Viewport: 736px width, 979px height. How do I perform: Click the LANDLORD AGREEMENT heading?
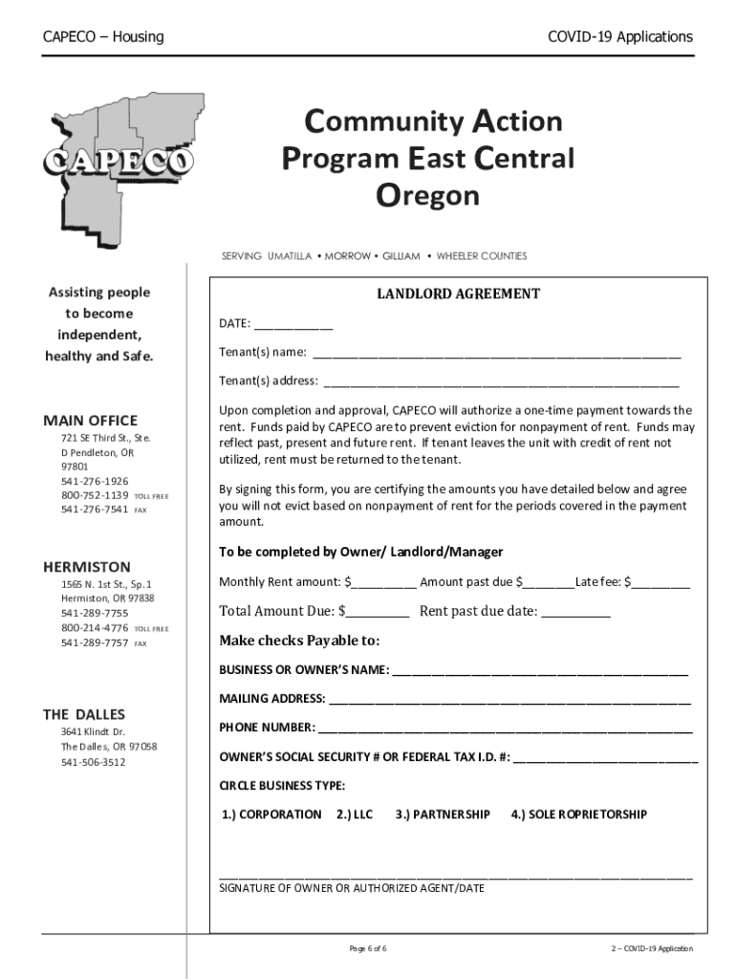pos(458,294)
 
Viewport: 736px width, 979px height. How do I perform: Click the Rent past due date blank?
pos(575,612)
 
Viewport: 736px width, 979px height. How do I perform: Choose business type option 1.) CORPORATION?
pos(271,815)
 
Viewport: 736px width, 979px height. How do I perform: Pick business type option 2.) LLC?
pos(355,815)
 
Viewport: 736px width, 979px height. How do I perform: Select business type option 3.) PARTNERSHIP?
pos(443,815)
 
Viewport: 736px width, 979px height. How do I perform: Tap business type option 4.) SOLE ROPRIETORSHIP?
pos(578,815)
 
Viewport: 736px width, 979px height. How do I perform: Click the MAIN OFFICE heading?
pos(90,421)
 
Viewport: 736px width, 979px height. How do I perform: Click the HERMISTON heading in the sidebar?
pos(87,567)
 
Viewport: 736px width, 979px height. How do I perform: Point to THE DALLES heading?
pos(84,714)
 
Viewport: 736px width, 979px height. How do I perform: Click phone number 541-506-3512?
pos(93,762)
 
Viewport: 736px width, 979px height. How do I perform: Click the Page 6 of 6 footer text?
pos(368,948)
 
